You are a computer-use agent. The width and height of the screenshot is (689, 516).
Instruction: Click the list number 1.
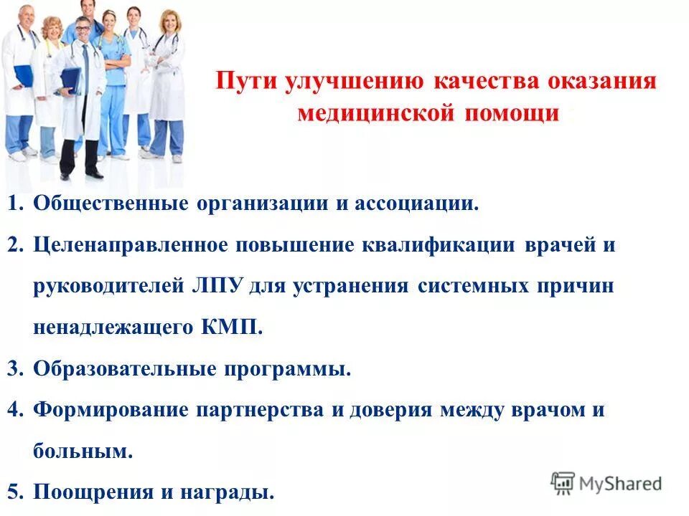point(15,204)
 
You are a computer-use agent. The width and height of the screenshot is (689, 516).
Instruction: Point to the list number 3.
point(15,369)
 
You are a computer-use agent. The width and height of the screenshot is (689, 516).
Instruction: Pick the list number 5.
point(15,493)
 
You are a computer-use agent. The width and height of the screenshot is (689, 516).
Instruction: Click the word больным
point(83,452)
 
